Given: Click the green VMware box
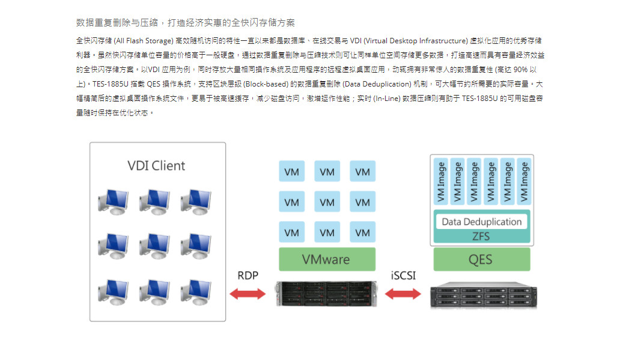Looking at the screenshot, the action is pyautogui.click(x=327, y=259).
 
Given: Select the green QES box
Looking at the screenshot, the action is pyautogui.click(x=482, y=259).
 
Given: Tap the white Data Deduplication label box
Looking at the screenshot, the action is pyautogui.click(x=482, y=222).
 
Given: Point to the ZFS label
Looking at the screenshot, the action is pyautogui.click(x=481, y=236).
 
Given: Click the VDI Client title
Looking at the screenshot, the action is pyautogui.click(x=156, y=166).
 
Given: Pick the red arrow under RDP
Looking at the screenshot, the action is pyautogui.click(x=248, y=294).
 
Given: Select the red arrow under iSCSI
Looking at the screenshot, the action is pyautogui.click(x=403, y=294).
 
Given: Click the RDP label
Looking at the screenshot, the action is pyautogui.click(x=248, y=275).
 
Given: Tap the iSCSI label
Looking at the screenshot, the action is pyautogui.click(x=403, y=275).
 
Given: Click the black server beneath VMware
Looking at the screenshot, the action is pyautogui.click(x=326, y=294).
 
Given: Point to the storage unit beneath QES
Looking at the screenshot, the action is pyautogui.click(x=483, y=296).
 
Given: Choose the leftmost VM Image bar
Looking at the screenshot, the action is pyautogui.click(x=440, y=182).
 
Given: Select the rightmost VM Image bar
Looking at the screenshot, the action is pyautogui.click(x=524, y=182).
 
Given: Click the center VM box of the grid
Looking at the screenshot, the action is pyautogui.click(x=327, y=202).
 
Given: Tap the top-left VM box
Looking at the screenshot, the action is pyautogui.click(x=291, y=171).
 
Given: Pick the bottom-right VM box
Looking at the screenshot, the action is pyautogui.click(x=362, y=232).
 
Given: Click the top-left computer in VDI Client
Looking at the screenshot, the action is pyautogui.click(x=114, y=202).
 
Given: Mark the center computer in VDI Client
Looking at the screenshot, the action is pyautogui.click(x=155, y=246).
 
